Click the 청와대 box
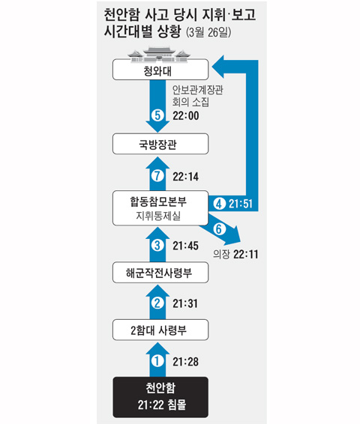(x=160, y=70)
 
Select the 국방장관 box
(x=160, y=144)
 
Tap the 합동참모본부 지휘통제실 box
(x=160, y=208)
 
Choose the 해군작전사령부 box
(x=160, y=273)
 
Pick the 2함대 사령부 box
(x=160, y=330)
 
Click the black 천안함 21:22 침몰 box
(x=160, y=397)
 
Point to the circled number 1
(x=157, y=361)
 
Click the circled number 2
(x=157, y=303)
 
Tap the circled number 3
(x=157, y=246)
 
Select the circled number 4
(x=219, y=204)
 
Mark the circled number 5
(x=157, y=115)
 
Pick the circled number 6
(x=219, y=229)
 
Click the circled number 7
(x=157, y=176)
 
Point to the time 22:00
(x=186, y=115)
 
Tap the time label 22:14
(x=186, y=177)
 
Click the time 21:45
(x=186, y=246)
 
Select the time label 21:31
(x=185, y=303)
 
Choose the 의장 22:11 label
(x=235, y=254)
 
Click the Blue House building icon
(x=159, y=55)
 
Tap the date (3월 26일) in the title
(x=208, y=32)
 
